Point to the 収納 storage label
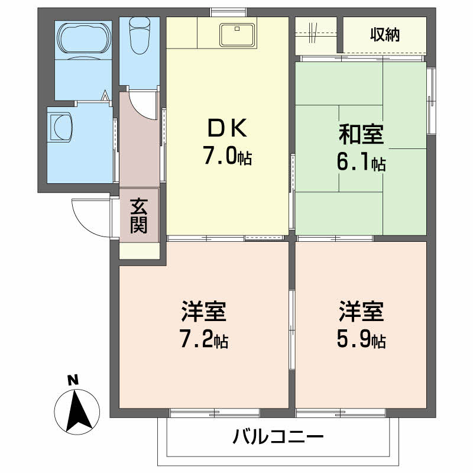tap(385, 35)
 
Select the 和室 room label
tap(361, 135)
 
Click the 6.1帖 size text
tap(361, 163)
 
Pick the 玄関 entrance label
tap(140, 216)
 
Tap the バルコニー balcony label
tap(278, 438)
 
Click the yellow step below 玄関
tap(140, 251)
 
